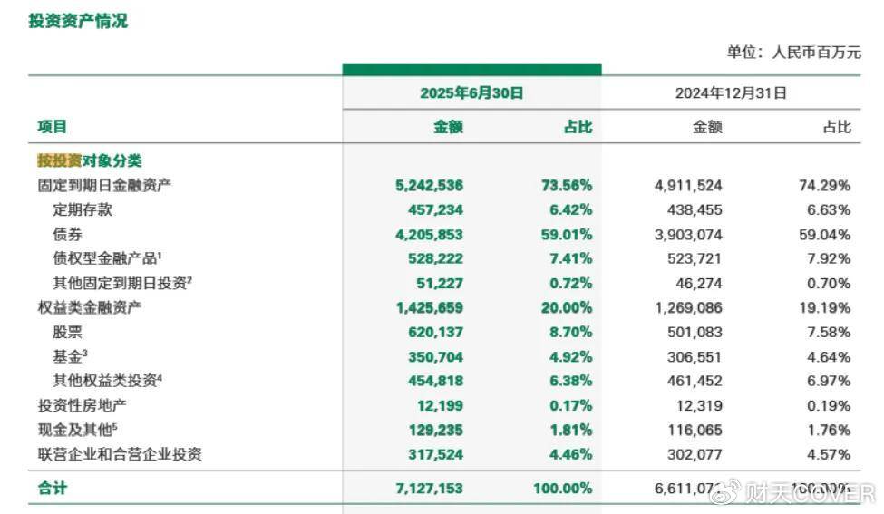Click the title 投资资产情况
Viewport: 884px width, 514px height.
pyautogui.click(x=78, y=21)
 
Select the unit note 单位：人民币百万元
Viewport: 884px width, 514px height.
pyautogui.click(x=793, y=53)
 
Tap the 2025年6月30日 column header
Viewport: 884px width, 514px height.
pyautogui.click(x=471, y=92)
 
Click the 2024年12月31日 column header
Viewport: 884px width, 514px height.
pyautogui.click(x=731, y=92)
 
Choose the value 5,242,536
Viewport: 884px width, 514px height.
pyautogui.click(x=429, y=185)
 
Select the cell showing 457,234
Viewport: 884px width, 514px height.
pyautogui.click(x=434, y=209)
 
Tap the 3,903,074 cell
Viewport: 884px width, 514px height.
pyautogui.click(x=688, y=234)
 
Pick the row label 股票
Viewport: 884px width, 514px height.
pyautogui.click(x=69, y=332)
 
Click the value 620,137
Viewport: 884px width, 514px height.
pyautogui.click(x=434, y=332)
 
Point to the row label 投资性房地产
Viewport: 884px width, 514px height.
pyautogui.click(x=82, y=405)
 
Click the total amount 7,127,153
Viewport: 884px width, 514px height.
pyautogui.click(x=429, y=488)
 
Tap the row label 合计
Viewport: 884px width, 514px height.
pyautogui.click(x=52, y=488)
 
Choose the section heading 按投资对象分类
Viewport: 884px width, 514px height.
pyautogui.click(x=89, y=160)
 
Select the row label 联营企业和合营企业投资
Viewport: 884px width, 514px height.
pyautogui.click(x=119, y=454)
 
